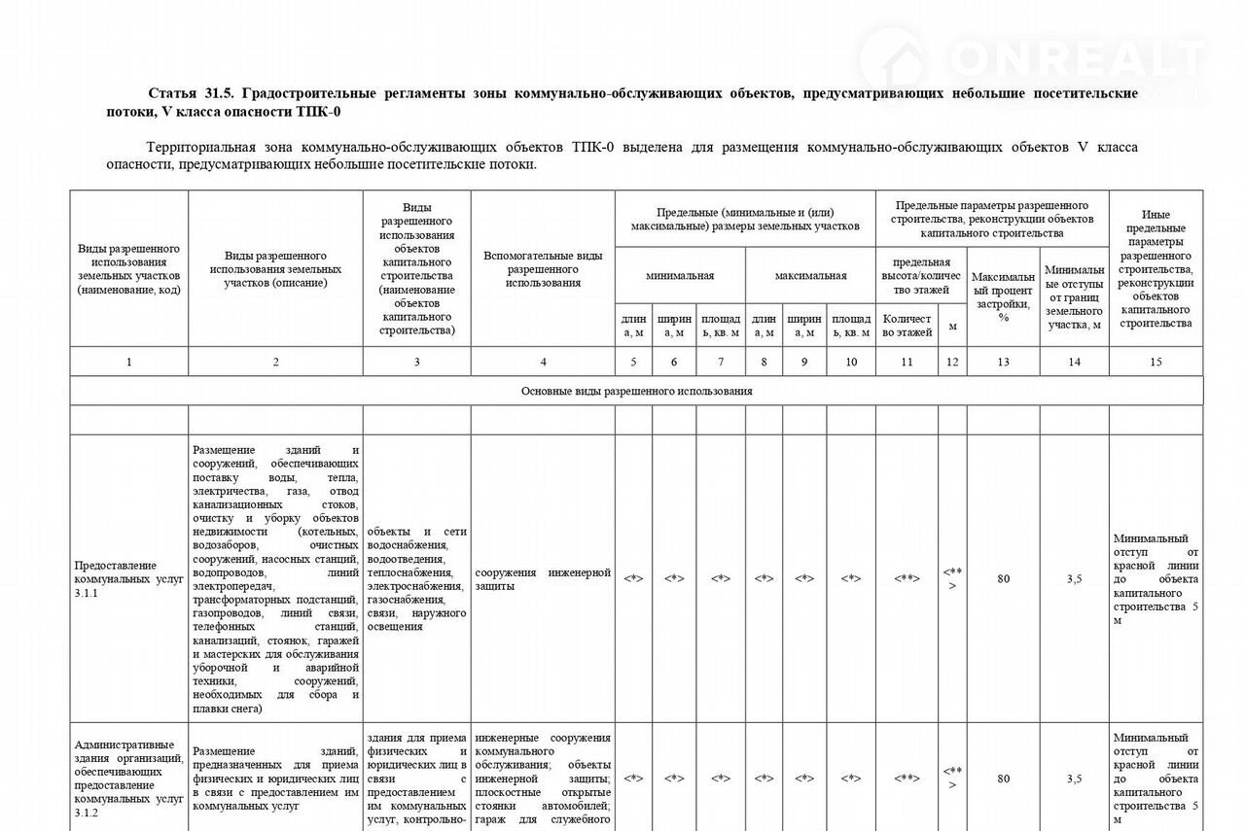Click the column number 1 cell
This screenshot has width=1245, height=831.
point(128,362)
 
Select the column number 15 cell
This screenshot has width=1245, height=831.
point(1156,362)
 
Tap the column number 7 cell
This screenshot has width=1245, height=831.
point(720,362)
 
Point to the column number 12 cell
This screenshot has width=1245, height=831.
point(952,362)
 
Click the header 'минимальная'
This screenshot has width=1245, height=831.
point(680,275)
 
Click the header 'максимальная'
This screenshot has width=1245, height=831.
point(810,275)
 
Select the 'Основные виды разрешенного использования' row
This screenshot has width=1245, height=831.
point(636,391)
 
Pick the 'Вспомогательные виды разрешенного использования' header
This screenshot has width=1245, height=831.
point(543,269)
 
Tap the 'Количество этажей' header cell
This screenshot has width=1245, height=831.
point(907,326)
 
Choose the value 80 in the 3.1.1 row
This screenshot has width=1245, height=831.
point(1003,578)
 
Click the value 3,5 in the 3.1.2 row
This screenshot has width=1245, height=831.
point(1074,779)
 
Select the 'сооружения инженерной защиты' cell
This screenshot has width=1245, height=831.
point(543,579)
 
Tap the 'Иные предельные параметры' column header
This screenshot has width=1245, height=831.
point(1156,269)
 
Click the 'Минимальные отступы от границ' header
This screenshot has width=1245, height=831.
point(1074,296)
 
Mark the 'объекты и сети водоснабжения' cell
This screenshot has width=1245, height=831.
point(416,579)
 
